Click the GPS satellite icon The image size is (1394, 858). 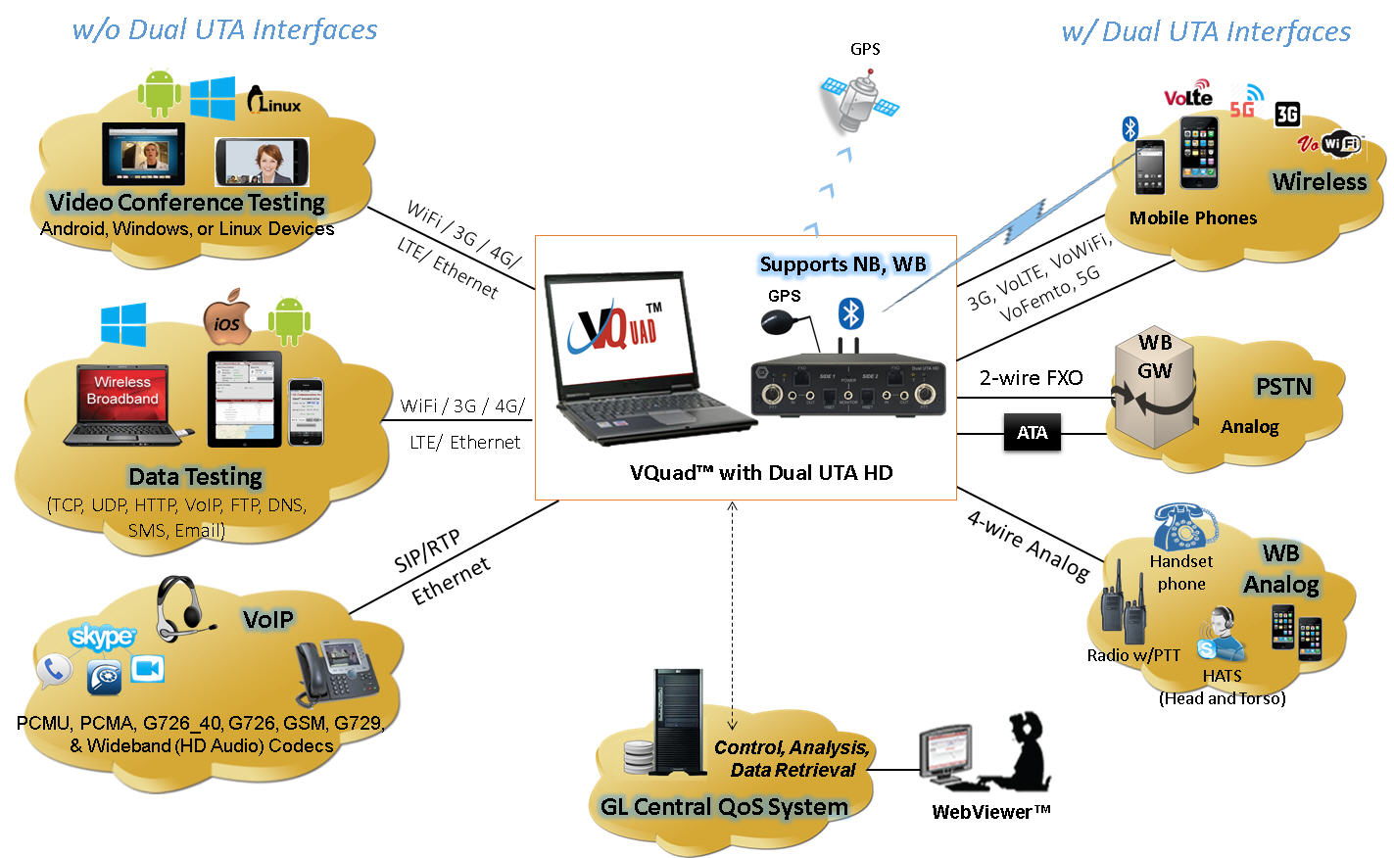point(858,102)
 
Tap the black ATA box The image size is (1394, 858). point(1032,433)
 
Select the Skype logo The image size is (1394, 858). point(102,637)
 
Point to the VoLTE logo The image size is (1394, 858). point(1188,95)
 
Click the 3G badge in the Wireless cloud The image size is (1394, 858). point(1287,115)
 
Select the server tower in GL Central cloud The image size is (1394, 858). point(678,722)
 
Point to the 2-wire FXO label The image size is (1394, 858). point(1031,378)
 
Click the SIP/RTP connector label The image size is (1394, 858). point(426,551)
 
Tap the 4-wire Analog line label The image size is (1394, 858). point(1028,546)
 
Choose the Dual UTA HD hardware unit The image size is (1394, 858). point(847,388)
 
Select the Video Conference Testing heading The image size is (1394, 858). point(186,203)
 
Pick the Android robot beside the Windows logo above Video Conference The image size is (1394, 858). point(159,93)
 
